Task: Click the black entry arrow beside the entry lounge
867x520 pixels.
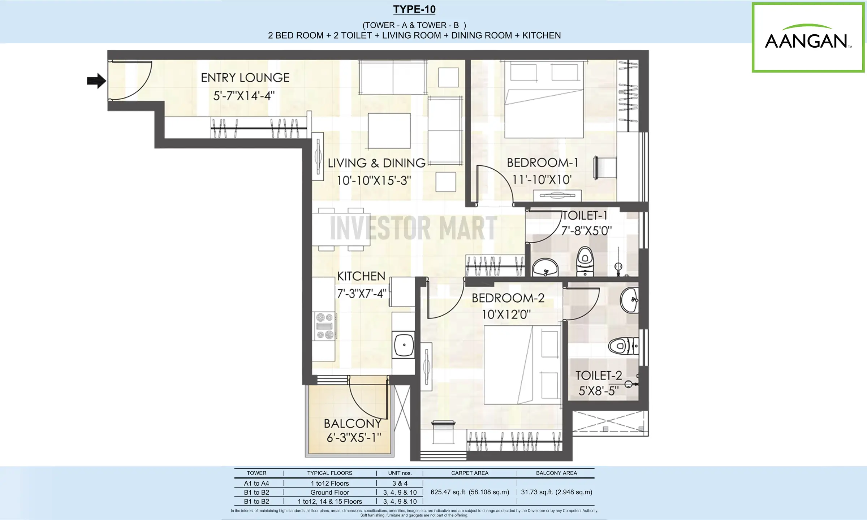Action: [96, 81]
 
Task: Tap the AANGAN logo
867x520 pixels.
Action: [808, 37]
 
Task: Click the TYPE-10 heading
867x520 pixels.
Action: [414, 9]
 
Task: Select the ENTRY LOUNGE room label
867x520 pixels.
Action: [245, 78]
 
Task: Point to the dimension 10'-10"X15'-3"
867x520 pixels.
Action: [374, 180]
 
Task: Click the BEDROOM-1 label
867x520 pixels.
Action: [542, 163]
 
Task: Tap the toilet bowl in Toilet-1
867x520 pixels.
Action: [584, 261]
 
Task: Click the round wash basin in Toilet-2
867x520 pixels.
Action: [629, 300]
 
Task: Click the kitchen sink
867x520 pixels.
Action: [404, 345]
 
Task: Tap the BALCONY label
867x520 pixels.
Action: [353, 423]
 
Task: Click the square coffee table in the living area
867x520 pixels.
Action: [389, 131]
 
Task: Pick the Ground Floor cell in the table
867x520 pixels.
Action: [330, 493]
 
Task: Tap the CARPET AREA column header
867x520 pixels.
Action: [470, 473]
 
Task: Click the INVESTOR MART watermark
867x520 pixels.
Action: [414, 227]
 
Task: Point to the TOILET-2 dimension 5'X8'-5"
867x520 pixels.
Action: [599, 390]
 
